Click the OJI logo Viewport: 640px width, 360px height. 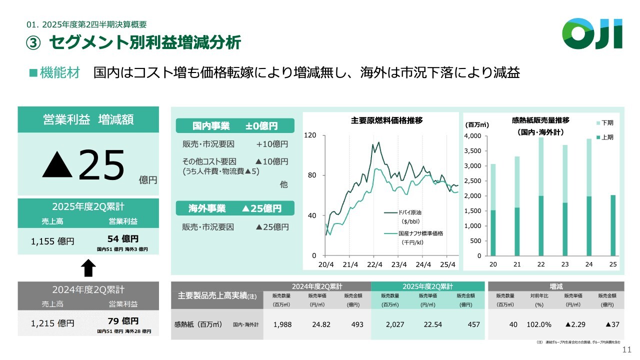(592, 34)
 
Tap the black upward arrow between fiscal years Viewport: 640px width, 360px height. (88, 268)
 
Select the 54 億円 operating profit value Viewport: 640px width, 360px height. (123, 238)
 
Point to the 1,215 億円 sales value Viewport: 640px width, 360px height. (52, 323)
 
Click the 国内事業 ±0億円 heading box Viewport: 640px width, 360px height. (235, 125)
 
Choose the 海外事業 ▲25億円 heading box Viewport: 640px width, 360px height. (235, 208)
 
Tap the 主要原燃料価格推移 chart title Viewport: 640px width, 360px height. (386, 120)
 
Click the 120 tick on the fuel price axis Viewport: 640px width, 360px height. (311, 135)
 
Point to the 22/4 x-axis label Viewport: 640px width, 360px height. (374, 264)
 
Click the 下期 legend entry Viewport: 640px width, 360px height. (604, 122)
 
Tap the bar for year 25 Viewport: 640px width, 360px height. (613, 225)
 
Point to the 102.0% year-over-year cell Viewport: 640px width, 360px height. (539, 324)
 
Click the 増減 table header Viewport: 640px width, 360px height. (555, 286)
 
